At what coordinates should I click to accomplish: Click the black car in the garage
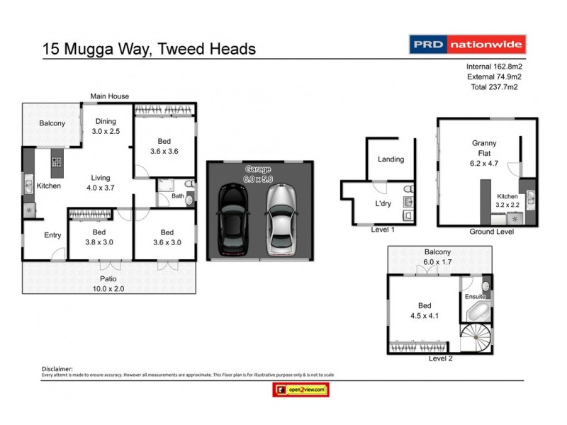coord(234,220)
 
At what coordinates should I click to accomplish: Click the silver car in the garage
coord(280,220)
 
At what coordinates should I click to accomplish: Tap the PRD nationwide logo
coord(468,45)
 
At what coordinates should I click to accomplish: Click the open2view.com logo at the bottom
coord(301,390)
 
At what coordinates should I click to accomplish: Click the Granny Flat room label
coord(484,147)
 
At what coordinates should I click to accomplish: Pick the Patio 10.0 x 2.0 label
coord(111,283)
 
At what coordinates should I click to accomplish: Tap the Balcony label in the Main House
coord(52,123)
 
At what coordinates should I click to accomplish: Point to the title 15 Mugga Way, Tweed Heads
coord(149,49)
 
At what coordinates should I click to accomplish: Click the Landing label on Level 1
coord(391,159)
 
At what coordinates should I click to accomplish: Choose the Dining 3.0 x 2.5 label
coord(106,126)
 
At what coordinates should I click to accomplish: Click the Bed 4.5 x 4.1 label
coord(424,311)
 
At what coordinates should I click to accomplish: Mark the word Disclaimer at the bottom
coord(58,369)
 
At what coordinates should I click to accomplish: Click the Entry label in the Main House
coord(43,235)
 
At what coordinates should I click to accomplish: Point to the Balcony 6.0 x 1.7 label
coord(437,256)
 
